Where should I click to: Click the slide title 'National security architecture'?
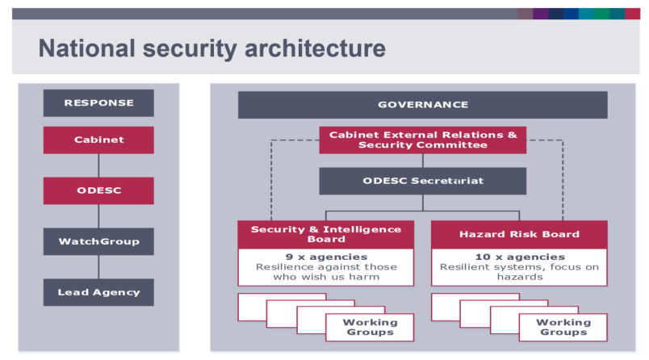pyautogui.click(x=211, y=48)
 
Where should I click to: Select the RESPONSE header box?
pyautogui.click(x=98, y=103)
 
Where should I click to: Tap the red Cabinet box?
pyautogui.click(x=98, y=140)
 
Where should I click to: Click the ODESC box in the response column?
pyautogui.click(x=98, y=190)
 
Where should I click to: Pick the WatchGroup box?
pyautogui.click(x=98, y=241)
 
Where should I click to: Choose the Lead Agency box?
pyautogui.click(x=98, y=292)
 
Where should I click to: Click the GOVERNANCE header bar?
pyautogui.click(x=422, y=105)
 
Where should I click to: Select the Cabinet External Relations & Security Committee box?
pyautogui.click(x=422, y=140)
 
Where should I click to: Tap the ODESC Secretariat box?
pyautogui.click(x=422, y=181)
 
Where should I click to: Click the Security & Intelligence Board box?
pyautogui.click(x=325, y=234)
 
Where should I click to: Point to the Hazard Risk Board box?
pyautogui.click(x=519, y=234)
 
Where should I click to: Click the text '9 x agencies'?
pyautogui.click(x=325, y=256)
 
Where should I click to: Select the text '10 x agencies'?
pyautogui.click(x=519, y=256)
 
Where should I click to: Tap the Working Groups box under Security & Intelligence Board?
pyautogui.click(x=370, y=327)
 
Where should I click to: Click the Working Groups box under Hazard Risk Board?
pyautogui.click(x=563, y=327)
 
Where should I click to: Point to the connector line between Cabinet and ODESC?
pyautogui.click(x=98, y=165)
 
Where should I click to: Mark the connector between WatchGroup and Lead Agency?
pyautogui.click(x=98, y=267)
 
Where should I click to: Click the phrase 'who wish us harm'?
pyautogui.click(x=325, y=277)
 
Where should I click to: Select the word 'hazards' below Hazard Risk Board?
pyautogui.click(x=519, y=277)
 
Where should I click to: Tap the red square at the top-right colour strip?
pyautogui.click(x=632, y=14)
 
